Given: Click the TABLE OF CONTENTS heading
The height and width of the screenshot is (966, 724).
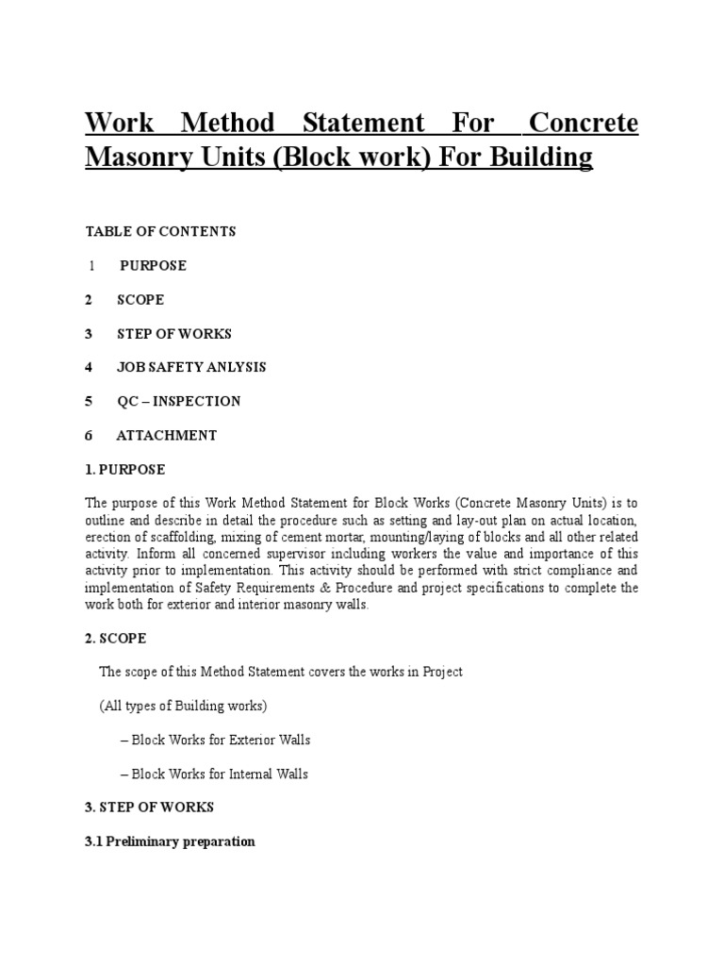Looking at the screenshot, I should click(x=160, y=231).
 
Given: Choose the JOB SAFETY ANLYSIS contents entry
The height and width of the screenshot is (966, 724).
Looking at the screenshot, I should click(x=191, y=367).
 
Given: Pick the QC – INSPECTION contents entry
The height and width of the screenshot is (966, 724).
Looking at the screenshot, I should click(x=179, y=401).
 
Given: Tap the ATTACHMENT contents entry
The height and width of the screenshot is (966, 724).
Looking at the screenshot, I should click(x=167, y=435).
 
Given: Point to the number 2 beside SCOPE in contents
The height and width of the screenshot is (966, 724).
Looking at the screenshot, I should click(x=89, y=299).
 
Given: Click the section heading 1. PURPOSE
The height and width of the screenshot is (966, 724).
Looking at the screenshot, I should click(x=124, y=469).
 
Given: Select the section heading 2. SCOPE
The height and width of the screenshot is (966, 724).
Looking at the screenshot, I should click(x=115, y=639).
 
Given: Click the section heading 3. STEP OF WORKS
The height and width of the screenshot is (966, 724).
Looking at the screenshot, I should click(x=149, y=807).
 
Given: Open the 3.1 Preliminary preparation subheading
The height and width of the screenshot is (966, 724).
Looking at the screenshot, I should click(x=170, y=841).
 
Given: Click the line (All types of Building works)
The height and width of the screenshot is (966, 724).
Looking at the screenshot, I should click(x=183, y=706).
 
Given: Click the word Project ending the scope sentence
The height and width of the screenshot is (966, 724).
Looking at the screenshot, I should click(x=440, y=672).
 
